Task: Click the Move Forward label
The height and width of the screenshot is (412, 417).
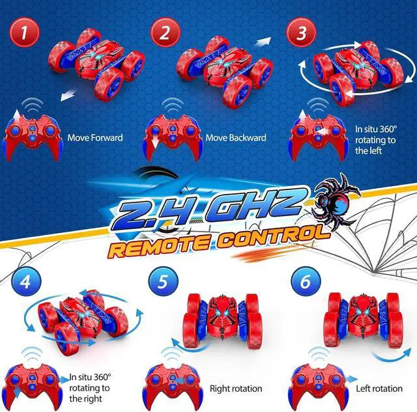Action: click(x=95, y=138)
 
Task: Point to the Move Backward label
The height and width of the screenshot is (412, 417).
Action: click(x=236, y=138)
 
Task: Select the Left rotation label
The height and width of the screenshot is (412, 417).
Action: click(x=379, y=389)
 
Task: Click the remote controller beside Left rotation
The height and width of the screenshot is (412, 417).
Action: click(x=317, y=385)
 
